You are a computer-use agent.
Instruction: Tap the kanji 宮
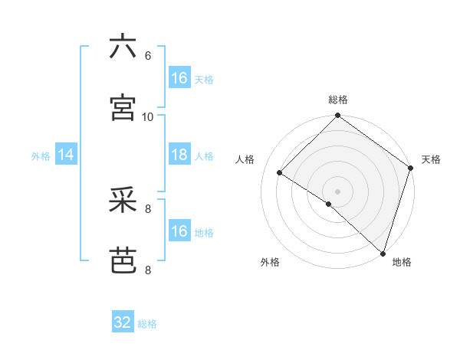tap(123, 107)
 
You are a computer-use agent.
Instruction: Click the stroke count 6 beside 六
tap(148, 55)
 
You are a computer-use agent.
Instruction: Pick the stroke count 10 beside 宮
tap(148, 116)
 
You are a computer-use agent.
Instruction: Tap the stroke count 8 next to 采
tap(148, 208)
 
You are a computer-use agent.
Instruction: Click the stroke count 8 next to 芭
tap(148, 270)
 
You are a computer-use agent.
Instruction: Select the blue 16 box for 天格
tap(179, 78)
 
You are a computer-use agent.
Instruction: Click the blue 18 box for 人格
tap(179, 155)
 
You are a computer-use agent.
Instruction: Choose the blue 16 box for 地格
tap(179, 231)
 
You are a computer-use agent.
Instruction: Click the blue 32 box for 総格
tap(123, 322)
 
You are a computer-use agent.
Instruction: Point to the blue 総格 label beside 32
tap(147, 324)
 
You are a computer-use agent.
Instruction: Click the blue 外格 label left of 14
tap(41, 156)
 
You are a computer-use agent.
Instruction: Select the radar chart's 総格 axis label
tap(337, 100)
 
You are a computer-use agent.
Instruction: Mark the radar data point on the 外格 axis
tap(329, 204)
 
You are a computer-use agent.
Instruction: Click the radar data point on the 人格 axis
tap(280, 172)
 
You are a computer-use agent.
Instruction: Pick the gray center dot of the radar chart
tap(337, 191)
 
